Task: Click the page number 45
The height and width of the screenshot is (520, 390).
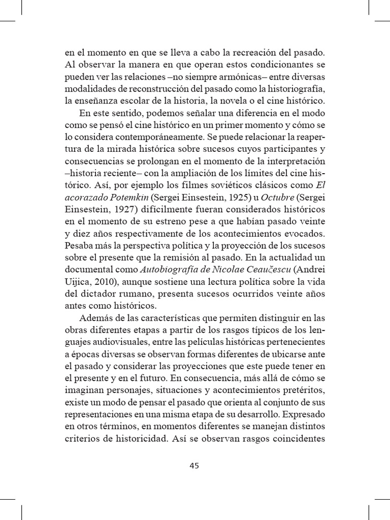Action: [195, 466]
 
